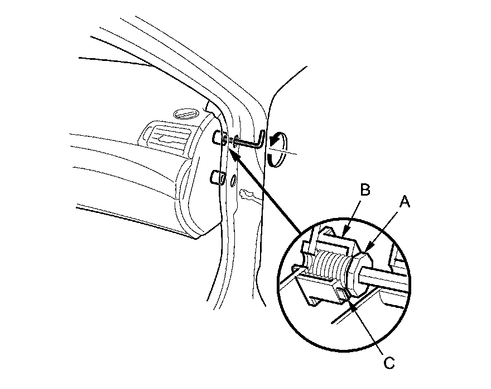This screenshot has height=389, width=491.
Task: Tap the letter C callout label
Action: (389, 363)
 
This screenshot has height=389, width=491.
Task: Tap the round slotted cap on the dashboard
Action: (184, 114)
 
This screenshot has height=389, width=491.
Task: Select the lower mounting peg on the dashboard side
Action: (216, 178)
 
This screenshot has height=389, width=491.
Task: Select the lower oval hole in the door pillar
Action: (233, 181)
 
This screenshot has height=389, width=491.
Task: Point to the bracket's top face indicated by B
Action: (335, 235)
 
